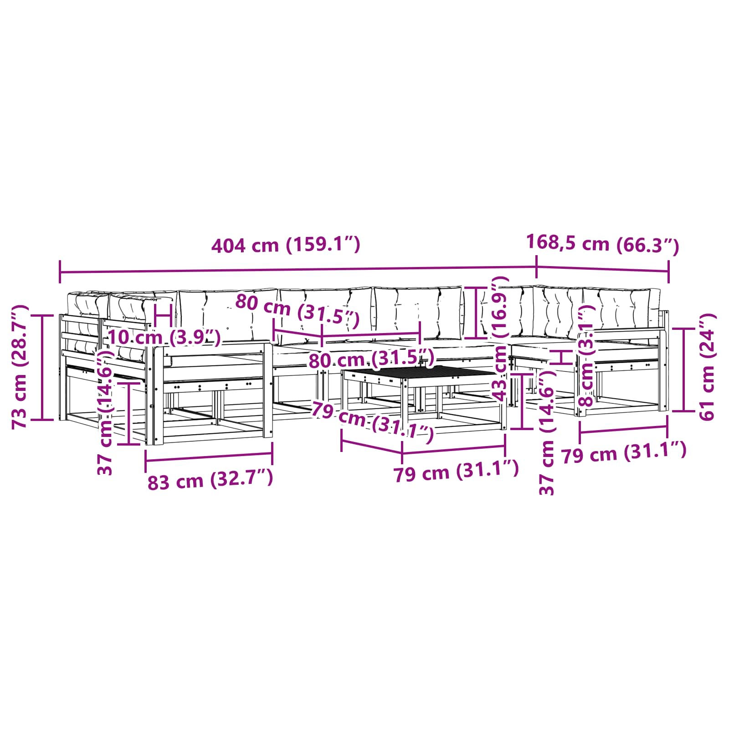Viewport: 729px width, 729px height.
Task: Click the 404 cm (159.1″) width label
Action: click(x=286, y=245)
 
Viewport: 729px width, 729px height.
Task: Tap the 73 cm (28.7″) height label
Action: click(x=21, y=367)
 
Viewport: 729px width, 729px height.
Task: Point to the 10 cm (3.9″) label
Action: click(x=164, y=338)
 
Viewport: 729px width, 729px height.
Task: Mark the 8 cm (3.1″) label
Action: click(x=586, y=356)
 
